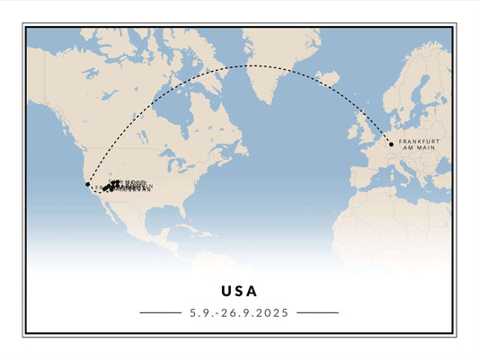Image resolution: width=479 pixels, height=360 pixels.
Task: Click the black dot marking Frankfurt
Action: pos(391,143)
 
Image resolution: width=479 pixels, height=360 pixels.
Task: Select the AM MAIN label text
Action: pos(419,148)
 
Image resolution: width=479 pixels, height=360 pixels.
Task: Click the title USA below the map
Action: pos(239,291)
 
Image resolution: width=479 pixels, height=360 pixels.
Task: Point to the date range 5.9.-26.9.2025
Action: pos(239,312)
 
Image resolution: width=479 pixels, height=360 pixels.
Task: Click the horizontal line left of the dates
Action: pos(161,312)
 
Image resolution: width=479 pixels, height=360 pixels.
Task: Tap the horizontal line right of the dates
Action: pos(317,312)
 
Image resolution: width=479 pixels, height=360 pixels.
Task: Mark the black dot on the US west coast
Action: pos(87,184)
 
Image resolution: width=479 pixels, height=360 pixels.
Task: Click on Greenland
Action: pos(274,58)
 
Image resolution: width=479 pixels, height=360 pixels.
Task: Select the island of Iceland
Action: pos(327,79)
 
